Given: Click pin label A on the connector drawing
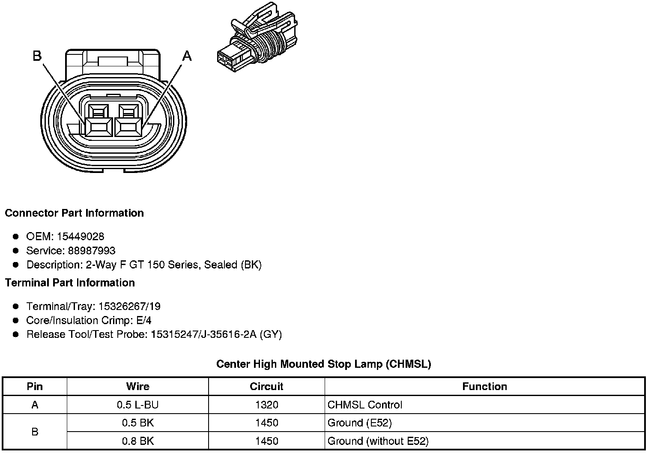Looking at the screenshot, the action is click(x=187, y=56).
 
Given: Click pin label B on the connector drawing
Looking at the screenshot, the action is click(x=37, y=56).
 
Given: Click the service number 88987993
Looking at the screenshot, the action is click(x=92, y=250).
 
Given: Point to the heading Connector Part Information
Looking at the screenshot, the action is click(x=74, y=213).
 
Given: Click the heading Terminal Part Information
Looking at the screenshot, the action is click(x=70, y=283).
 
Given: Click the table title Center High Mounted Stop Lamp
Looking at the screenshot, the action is click(x=323, y=364).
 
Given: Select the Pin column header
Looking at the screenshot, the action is click(x=35, y=387).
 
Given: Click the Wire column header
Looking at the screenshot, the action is click(x=137, y=387).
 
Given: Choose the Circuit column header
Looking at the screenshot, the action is click(x=266, y=387).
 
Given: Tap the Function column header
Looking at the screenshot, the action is click(x=484, y=387).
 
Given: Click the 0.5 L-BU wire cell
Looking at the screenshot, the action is click(x=137, y=405).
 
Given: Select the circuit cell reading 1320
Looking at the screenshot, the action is click(x=266, y=405).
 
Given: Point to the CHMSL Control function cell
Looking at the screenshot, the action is click(x=365, y=405).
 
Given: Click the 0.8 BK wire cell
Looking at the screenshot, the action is click(x=137, y=441).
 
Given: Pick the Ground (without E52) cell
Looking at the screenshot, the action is click(x=378, y=441).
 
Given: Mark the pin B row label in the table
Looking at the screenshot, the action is click(x=35, y=432).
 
